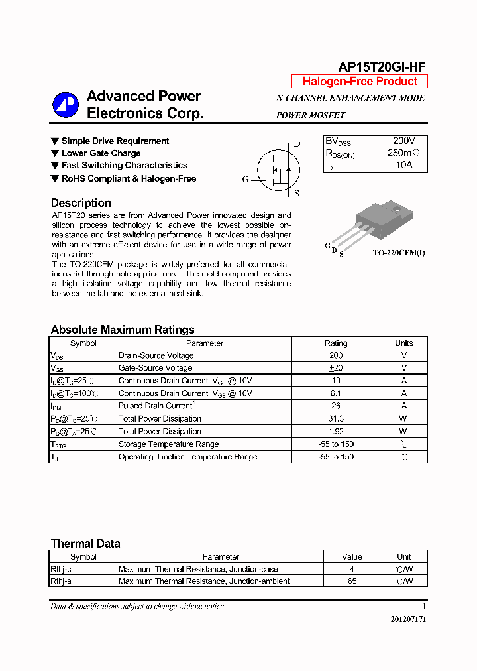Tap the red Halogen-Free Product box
pyautogui.click(x=360, y=82)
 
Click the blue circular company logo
pyautogui.click(x=66, y=105)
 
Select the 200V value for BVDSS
pyautogui.click(x=403, y=141)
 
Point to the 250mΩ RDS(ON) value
pyautogui.click(x=403, y=153)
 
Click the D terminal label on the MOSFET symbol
pyautogui.click(x=297, y=144)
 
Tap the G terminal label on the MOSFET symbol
pyautogui.click(x=245, y=179)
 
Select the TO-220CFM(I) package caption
pyautogui.click(x=399, y=253)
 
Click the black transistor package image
pyautogui.click(x=378, y=222)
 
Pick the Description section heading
pyautogui.click(x=81, y=203)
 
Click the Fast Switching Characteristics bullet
pyautogui.click(x=124, y=166)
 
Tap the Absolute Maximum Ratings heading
pyautogui.click(x=123, y=330)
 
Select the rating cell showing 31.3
pyautogui.click(x=335, y=419)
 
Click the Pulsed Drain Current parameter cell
pyautogui.click(x=156, y=406)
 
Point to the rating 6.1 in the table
pyautogui.click(x=335, y=393)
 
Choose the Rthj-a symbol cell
pyautogui.click(x=61, y=581)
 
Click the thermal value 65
pyautogui.click(x=352, y=581)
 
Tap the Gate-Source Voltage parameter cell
pyautogui.click(x=156, y=368)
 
